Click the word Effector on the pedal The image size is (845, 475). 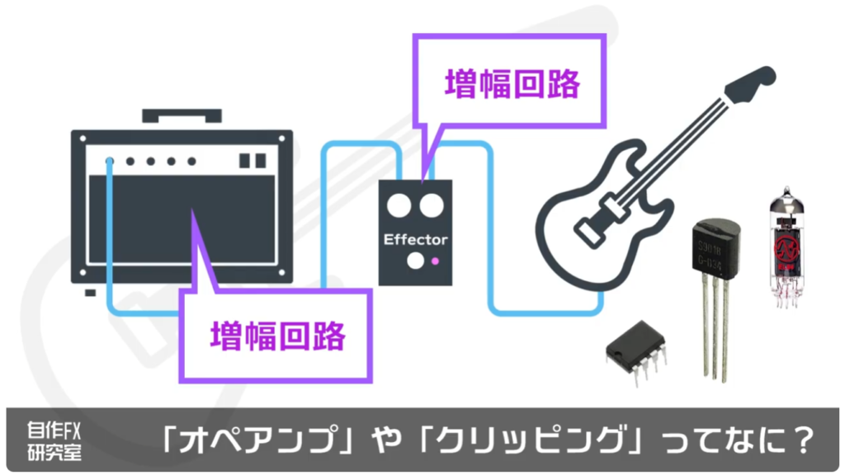415,240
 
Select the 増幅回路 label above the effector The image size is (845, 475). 512,84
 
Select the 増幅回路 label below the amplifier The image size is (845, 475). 277,335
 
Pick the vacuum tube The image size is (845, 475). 788,247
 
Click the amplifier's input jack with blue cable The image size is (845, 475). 110,161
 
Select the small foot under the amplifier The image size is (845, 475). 90,291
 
